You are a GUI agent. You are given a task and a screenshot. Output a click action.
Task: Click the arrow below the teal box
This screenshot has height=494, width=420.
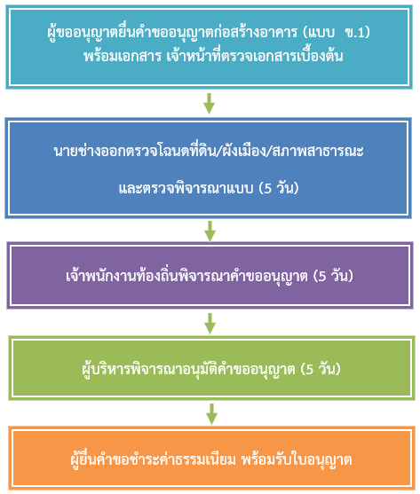tap(209, 104)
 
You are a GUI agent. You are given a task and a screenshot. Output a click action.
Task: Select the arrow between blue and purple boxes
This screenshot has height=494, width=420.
tap(210, 231)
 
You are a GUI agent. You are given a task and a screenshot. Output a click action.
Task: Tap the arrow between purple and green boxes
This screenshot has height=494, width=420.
tap(210, 324)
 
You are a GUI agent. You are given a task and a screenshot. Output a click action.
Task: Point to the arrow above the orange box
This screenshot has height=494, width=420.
tap(211, 414)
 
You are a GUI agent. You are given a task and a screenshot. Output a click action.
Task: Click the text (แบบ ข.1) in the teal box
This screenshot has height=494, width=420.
tap(337, 33)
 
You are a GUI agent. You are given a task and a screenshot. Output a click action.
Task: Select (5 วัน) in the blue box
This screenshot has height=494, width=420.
tap(279, 188)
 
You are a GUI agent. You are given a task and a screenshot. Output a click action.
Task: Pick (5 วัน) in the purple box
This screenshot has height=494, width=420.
tap(333, 276)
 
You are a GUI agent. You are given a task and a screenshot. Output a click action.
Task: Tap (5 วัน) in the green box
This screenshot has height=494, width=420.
tap(321, 369)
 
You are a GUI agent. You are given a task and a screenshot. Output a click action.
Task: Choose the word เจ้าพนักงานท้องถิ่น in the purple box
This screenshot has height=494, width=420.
tap(122, 275)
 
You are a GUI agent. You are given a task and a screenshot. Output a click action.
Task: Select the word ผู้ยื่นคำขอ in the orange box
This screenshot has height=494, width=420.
tap(99, 459)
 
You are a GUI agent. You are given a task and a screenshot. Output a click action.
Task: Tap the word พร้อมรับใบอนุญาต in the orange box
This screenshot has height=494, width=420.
tap(297, 460)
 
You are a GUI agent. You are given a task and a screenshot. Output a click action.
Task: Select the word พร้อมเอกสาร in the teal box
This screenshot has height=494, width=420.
tap(123, 56)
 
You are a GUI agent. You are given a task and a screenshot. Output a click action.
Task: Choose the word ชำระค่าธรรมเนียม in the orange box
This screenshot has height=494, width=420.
tap(182, 459)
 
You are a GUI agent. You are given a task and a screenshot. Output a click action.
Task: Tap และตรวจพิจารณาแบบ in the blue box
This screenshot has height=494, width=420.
tap(186, 188)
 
